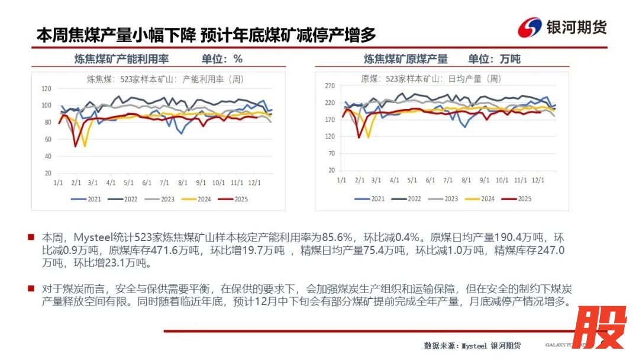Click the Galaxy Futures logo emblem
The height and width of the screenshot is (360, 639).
click(530, 27)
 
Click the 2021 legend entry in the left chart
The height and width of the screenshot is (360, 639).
click(90, 199)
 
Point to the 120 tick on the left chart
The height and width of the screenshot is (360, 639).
click(47, 89)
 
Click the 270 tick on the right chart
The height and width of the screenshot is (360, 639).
click(330, 86)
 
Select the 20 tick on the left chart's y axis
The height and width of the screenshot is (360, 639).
click(49, 173)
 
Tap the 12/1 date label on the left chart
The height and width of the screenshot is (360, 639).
click(256, 183)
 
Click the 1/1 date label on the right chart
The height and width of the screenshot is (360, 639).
click(341, 179)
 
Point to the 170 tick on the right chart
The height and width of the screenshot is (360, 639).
click(330, 120)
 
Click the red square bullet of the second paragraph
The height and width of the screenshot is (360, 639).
click(31, 288)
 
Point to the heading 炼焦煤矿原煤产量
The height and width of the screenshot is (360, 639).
click(405, 59)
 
